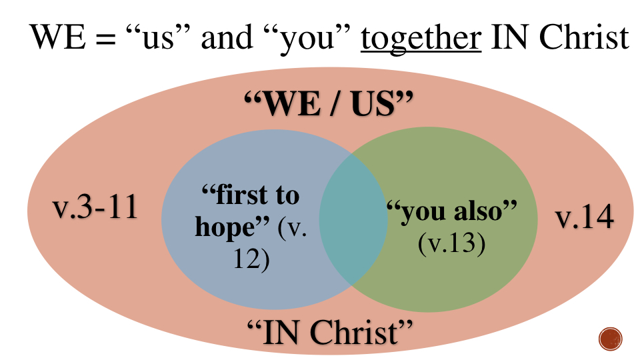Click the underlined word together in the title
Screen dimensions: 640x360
[x=421, y=39]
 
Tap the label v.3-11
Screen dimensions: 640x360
[x=95, y=207]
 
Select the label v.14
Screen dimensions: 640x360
[x=584, y=217]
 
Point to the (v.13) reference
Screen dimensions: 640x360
[x=451, y=243]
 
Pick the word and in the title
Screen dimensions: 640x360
[x=225, y=39]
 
